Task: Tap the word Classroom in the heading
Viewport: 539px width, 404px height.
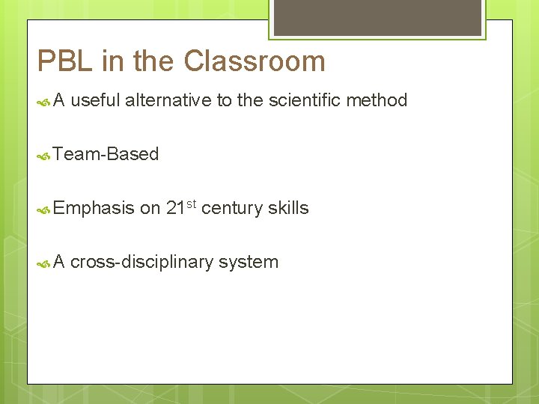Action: [255, 61]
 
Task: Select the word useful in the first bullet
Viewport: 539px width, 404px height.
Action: [95, 100]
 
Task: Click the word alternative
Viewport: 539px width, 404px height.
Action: [168, 100]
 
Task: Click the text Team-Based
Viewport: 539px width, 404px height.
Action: [106, 154]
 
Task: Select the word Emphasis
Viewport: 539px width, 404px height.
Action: [94, 209]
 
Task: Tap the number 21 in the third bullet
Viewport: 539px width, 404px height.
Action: [175, 208]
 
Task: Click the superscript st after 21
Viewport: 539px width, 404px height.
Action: [191, 203]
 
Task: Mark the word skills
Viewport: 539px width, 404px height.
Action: [288, 208]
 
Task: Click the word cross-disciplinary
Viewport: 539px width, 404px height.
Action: [141, 262]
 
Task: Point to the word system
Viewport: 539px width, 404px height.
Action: [249, 263]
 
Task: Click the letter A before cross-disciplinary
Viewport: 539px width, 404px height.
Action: [60, 262]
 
